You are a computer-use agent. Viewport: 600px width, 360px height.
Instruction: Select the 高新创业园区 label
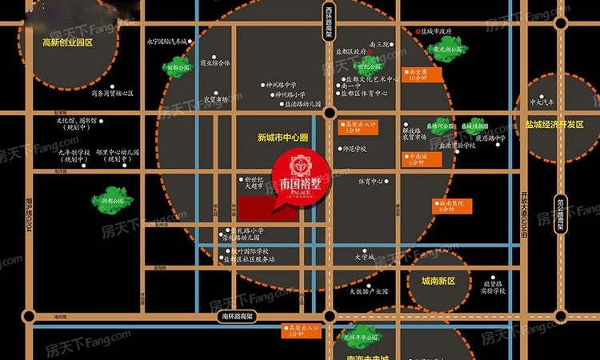68,42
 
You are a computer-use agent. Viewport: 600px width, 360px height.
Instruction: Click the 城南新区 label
432,282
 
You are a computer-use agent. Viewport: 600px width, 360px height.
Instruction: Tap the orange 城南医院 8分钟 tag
452,206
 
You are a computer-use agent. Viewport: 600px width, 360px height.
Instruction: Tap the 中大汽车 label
552,102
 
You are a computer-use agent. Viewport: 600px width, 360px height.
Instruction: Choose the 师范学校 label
353,149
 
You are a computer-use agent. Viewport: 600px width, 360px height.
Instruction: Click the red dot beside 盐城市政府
418,31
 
